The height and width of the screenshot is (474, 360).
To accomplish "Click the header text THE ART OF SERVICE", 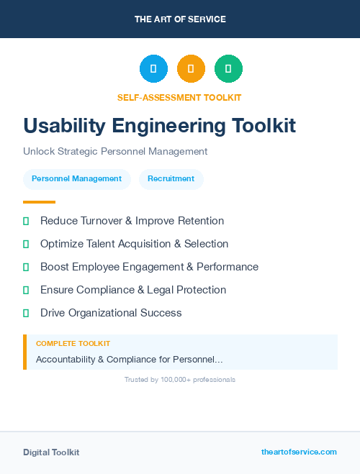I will tap(180, 19).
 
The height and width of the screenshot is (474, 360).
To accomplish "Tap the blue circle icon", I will tap(153, 69).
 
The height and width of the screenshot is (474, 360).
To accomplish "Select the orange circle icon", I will tap(191, 69).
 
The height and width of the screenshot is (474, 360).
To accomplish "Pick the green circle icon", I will tap(228, 69).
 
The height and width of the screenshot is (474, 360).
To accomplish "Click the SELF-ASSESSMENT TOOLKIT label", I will tap(179, 97).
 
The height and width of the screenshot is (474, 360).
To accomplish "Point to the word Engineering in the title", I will tap(174, 126).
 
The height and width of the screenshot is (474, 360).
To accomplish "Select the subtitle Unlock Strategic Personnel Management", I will tap(115, 152).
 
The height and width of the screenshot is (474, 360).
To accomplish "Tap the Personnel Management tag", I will tap(77, 179).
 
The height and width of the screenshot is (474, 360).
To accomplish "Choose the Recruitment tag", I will tap(171, 179).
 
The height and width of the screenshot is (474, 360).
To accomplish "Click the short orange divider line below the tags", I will tap(39, 202).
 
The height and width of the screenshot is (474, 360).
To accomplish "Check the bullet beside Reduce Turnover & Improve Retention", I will tap(26, 221).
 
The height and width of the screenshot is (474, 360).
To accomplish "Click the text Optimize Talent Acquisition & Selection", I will tap(134, 244).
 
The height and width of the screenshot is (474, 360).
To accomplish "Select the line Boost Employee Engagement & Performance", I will tap(149, 267).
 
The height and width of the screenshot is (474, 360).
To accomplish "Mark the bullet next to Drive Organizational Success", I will tap(26, 313).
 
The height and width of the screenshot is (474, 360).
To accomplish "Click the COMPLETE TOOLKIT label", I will tap(73, 344).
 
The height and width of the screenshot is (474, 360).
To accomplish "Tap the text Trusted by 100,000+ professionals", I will tap(180, 380).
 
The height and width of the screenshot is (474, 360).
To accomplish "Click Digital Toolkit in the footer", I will tap(51, 452).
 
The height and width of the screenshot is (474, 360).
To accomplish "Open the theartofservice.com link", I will tap(299, 452).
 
